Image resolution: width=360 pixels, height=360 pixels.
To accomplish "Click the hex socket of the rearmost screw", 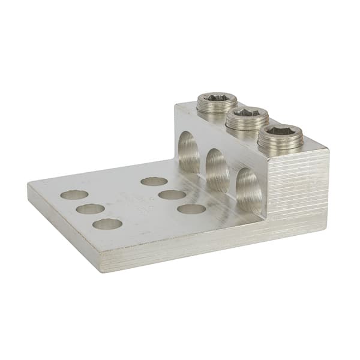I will pyautogui.click(x=216, y=97).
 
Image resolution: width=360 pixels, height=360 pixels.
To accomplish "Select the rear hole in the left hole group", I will pyautogui.click(x=74, y=195).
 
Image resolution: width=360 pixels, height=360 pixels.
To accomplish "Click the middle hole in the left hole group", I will pyautogui.click(x=91, y=209).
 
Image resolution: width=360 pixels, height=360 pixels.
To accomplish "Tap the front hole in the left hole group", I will pyautogui.click(x=108, y=224).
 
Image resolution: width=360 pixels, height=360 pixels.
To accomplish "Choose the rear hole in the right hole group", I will pyautogui.click(x=154, y=181).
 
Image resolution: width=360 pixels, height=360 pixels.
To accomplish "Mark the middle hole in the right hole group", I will pyautogui.click(x=173, y=194).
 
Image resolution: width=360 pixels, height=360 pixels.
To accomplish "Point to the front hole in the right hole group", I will pyautogui.click(x=192, y=209).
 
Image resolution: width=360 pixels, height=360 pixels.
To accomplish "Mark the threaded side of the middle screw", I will pyautogui.click(x=247, y=124).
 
